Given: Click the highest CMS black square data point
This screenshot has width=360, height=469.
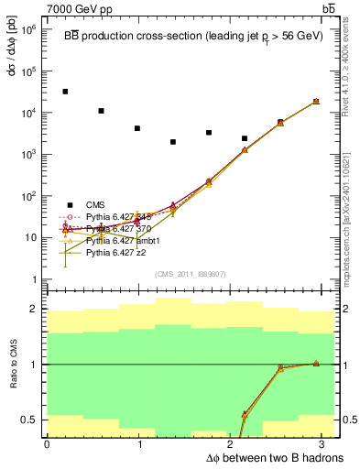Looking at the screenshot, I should pos(65,92).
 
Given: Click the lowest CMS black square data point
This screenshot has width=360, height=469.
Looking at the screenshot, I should pos(173,142).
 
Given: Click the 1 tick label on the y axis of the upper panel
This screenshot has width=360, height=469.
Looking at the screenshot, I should pos(33,279).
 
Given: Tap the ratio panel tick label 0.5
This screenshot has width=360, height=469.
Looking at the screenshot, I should pos(28,420).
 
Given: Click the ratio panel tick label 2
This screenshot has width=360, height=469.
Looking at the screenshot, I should pos(33,310).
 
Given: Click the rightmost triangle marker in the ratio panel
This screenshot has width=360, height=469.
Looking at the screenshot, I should pos(316,363).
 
